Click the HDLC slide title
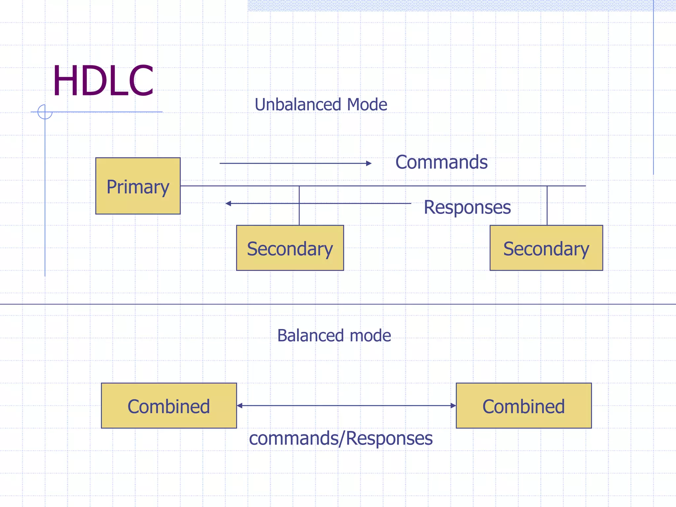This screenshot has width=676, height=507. click(x=103, y=81)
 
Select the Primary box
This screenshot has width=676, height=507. click(x=138, y=186)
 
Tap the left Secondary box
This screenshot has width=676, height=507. click(x=290, y=248)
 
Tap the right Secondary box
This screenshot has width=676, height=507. click(x=546, y=248)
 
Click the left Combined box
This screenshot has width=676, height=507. click(x=169, y=406)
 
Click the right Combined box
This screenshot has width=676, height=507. click(x=524, y=406)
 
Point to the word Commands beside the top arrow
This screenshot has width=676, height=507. click(x=441, y=162)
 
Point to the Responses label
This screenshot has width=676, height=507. click(x=467, y=207)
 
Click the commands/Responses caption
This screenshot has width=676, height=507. click(x=341, y=439)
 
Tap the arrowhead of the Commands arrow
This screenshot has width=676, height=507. click(x=369, y=163)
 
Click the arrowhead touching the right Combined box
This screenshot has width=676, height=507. click(x=453, y=406)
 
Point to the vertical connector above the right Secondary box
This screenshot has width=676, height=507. click(x=547, y=205)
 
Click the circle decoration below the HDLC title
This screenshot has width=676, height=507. click(x=45, y=112)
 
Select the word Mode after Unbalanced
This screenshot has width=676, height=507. click(x=367, y=105)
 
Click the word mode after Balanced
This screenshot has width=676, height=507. click(x=370, y=336)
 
